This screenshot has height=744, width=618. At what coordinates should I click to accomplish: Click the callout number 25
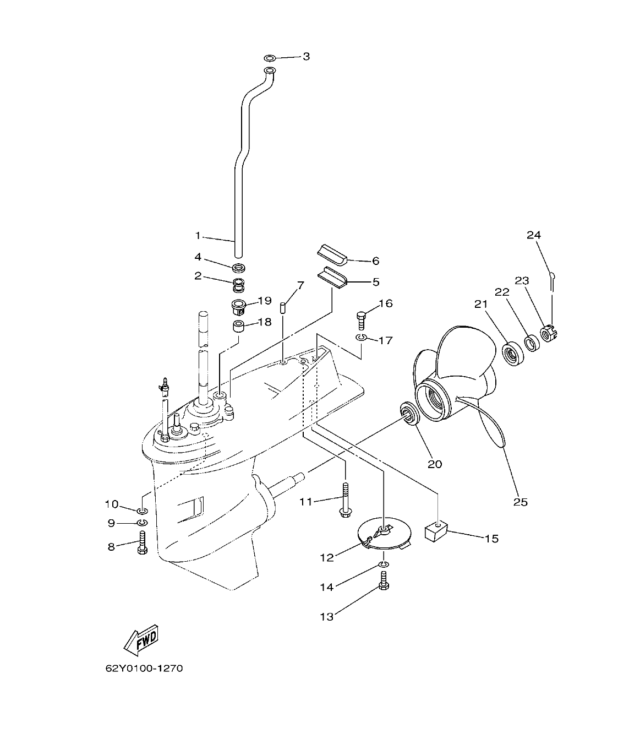[520, 502]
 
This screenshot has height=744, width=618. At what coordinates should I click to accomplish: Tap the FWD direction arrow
[141, 641]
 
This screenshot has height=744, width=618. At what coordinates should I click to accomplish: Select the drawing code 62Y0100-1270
[144, 669]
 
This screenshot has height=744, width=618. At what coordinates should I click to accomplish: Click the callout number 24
[533, 235]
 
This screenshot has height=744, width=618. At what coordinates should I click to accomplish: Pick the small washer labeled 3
[270, 58]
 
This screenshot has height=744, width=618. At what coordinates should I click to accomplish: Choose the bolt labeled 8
[141, 543]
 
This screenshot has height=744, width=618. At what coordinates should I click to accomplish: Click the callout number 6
[376, 260]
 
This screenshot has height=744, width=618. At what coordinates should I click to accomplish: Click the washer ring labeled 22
[532, 344]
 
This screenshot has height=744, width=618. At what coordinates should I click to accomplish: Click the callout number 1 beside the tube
[198, 236]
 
